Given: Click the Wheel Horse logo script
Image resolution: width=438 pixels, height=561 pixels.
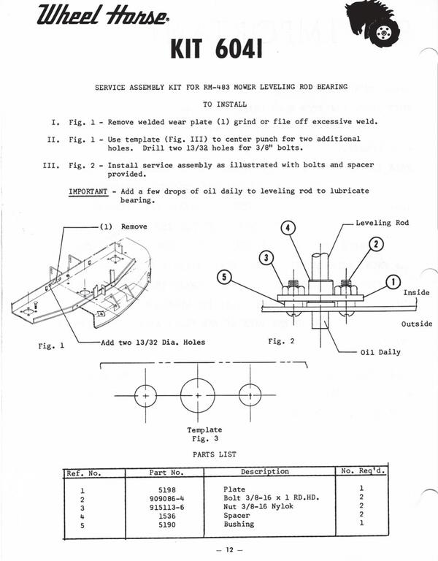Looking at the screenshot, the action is click(102, 15).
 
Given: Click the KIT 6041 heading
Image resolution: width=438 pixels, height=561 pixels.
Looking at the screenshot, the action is click(217, 49).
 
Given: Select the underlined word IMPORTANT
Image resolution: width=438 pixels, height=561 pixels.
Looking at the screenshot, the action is click(88, 191).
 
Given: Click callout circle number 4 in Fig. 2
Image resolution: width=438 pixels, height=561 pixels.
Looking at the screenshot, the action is click(288, 228).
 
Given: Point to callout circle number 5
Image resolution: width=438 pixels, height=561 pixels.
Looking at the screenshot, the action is click(224, 278).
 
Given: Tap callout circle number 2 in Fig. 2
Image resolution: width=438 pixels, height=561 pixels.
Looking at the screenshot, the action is click(376, 245).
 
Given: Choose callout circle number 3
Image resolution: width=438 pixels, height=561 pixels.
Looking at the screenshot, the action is click(266, 258).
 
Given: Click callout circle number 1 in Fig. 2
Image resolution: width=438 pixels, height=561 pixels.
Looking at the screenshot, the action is click(393, 282).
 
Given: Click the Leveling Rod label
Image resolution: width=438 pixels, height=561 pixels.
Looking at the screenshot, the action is click(383, 223).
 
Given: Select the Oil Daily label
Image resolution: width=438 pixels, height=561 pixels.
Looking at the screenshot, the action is click(380, 352).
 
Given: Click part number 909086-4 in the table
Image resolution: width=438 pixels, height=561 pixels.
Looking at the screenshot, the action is click(167, 499).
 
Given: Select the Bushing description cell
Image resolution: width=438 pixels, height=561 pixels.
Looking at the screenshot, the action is click(239, 524).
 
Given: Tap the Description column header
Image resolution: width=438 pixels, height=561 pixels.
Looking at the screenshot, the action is click(265, 472).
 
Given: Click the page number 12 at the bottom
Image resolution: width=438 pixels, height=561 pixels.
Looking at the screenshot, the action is click(229, 549).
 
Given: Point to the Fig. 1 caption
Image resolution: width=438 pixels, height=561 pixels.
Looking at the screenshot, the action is click(52, 346).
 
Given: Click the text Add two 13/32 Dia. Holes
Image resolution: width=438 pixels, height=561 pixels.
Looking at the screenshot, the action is click(153, 343).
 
